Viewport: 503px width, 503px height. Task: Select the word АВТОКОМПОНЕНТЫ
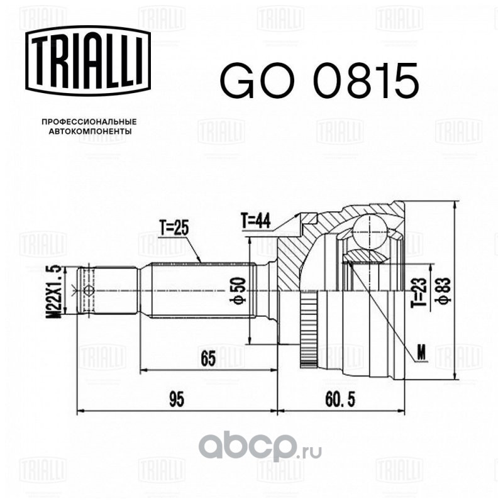point(89,132)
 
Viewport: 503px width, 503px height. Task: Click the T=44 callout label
point(255,221)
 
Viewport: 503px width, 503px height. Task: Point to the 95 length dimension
point(177,399)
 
